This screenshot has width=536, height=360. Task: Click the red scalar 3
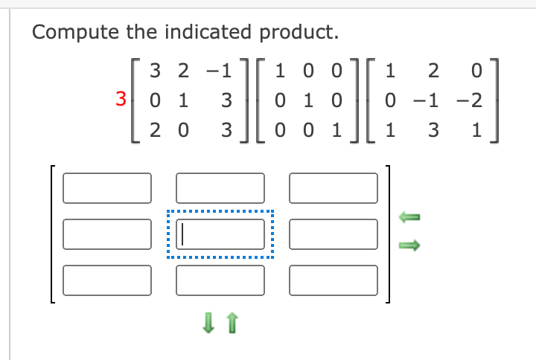(x=120, y=99)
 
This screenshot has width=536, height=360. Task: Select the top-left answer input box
(x=107, y=187)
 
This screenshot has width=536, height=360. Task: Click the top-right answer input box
(x=334, y=187)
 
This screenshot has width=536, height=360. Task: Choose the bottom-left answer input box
(x=107, y=280)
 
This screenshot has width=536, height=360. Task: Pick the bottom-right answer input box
(x=334, y=280)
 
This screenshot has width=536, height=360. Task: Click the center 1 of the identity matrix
(x=307, y=100)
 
